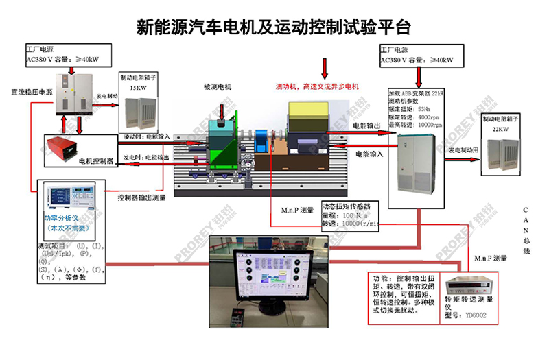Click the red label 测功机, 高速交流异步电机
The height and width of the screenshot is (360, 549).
pyautogui.click(x=317, y=87)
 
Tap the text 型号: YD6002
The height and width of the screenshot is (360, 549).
pyautogui.click(x=467, y=315)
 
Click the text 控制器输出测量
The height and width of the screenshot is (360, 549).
pyautogui.click(x=141, y=198)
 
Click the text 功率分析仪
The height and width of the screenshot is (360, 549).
pyautogui.click(x=62, y=218)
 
